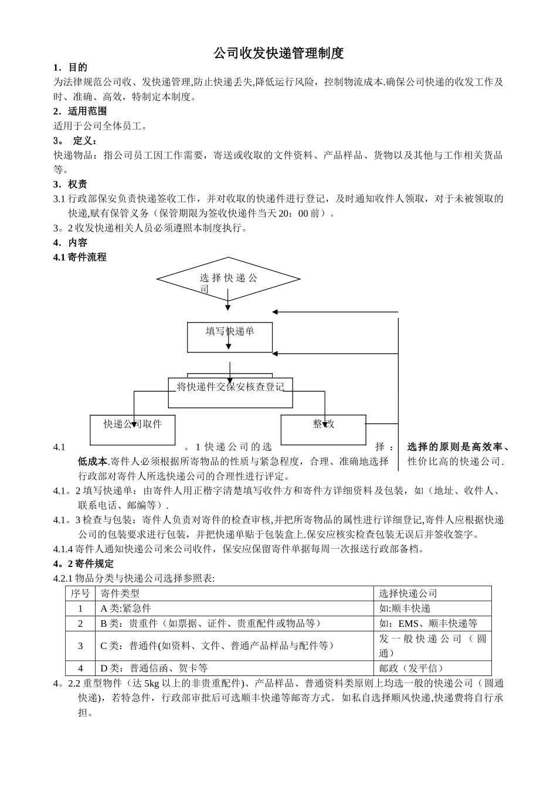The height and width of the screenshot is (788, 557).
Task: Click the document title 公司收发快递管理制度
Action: (x=278, y=54)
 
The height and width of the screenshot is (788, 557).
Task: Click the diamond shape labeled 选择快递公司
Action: (x=228, y=279)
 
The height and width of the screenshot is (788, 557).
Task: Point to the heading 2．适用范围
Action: (x=80, y=111)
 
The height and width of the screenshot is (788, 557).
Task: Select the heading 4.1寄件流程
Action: (x=80, y=257)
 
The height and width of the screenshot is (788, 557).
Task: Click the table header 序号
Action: (x=80, y=593)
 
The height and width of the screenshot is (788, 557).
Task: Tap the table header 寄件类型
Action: (x=120, y=593)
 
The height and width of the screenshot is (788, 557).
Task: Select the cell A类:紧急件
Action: (x=125, y=609)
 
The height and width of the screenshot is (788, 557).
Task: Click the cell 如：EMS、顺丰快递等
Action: (x=428, y=623)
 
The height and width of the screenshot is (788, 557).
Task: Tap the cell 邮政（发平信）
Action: (x=412, y=668)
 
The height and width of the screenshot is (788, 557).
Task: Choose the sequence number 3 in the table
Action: (x=80, y=646)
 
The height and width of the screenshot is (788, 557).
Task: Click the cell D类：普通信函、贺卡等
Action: (x=154, y=668)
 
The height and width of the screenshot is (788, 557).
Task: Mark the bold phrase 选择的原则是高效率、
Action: (x=458, y=447)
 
